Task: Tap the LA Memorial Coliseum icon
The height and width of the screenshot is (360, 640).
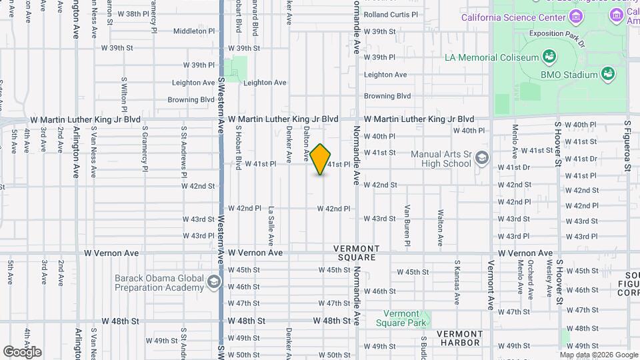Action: tap(549, 56)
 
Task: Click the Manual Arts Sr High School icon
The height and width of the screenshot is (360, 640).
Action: tap(482, 159)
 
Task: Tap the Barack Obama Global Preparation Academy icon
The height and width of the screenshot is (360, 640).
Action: tap(213, 282)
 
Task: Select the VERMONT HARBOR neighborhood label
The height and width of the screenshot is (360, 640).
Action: tap(459, 338)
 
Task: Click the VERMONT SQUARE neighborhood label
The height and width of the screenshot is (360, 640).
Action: tap(358, 253)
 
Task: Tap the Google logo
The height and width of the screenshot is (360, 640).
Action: tap(22, 351)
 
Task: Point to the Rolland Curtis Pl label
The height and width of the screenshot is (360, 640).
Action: tap(391, 14)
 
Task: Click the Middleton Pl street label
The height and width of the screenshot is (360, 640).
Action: tap(194, 31)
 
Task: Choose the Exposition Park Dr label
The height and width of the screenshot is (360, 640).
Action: tap(556, 33)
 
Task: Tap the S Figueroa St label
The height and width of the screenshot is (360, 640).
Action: tap(627, 145)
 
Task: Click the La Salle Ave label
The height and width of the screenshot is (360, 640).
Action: tap(271, 219)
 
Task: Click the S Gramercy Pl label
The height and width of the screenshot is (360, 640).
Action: tap(143, 151)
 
